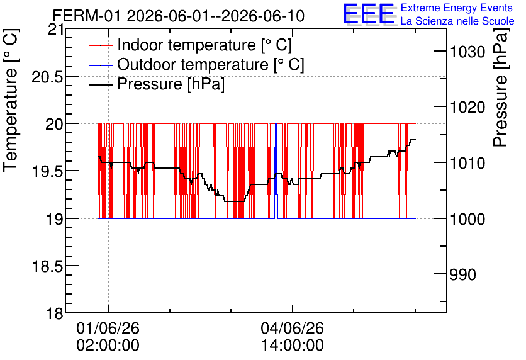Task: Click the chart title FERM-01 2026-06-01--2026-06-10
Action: coord(179,16)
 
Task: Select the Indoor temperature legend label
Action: coord(204,45)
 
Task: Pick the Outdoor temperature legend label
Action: coord(211,64)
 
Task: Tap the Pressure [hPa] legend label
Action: coord(171,84)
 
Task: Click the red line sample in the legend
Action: coord(100,45)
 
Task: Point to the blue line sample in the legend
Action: coord(100,65)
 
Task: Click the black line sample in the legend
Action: coord(100,84)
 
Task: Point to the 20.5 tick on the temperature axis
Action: coord(47,77)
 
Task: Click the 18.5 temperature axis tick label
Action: coord(47,267)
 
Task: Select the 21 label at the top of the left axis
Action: coord(56,30)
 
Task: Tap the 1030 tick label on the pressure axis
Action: coord(467,52)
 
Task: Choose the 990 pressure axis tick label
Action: coord(462,274)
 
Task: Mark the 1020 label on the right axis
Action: coord(467,108)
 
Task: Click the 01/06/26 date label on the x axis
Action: coord(108,328)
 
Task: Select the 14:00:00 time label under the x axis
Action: coord(293,345)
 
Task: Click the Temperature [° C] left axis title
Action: coord(11,100)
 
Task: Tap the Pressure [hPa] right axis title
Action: coord(501,87)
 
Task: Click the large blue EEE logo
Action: coord(369,14)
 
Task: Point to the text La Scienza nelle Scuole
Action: coord(457,21)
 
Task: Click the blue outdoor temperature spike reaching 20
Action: coord(276,171)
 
